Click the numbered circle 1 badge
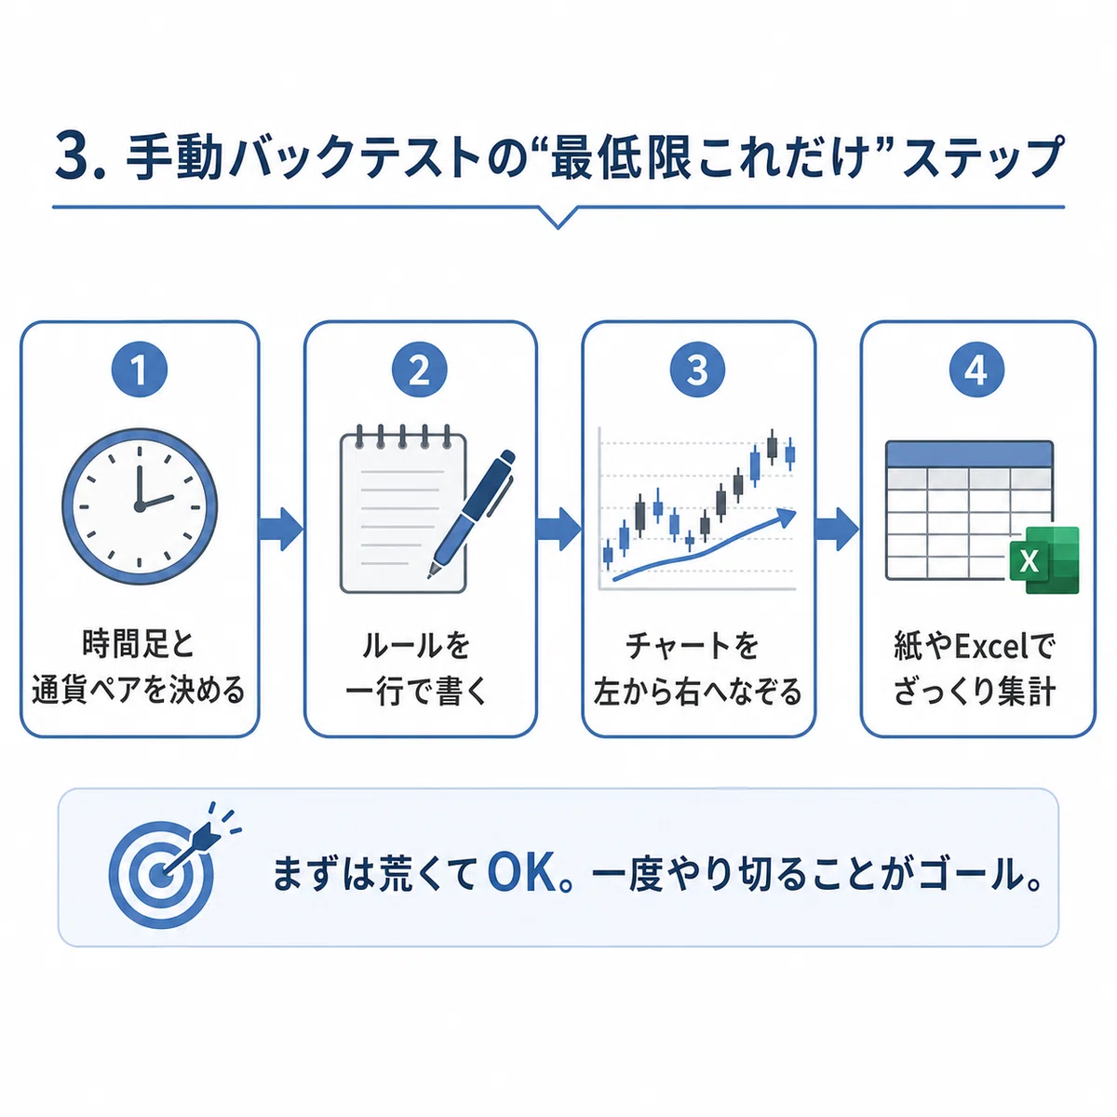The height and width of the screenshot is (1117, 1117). click(139, 370)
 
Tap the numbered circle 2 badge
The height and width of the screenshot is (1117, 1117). click(419, 370)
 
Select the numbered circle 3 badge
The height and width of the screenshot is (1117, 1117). click(697, 370)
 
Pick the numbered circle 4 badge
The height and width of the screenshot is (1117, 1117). click(976, 370)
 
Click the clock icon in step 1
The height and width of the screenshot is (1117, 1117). click(139, 506)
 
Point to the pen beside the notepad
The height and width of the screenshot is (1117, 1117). click(471, 514)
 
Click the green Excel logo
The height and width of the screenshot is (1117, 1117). click(1043, 560)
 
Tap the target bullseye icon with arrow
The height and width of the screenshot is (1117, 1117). click(168, 868)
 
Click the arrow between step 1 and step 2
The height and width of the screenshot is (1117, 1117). click(281, 529)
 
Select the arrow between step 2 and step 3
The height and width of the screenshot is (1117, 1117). click(558, 529)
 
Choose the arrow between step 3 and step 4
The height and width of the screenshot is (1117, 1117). click(837, 529)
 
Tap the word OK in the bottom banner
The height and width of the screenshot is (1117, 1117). click(523, 875)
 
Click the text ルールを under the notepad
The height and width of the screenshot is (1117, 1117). click(415, 645)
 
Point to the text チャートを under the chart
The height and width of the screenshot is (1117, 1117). click(692, 645)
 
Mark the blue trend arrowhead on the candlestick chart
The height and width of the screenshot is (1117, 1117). click(787, 516)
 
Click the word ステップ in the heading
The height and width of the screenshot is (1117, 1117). click(984, 156)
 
